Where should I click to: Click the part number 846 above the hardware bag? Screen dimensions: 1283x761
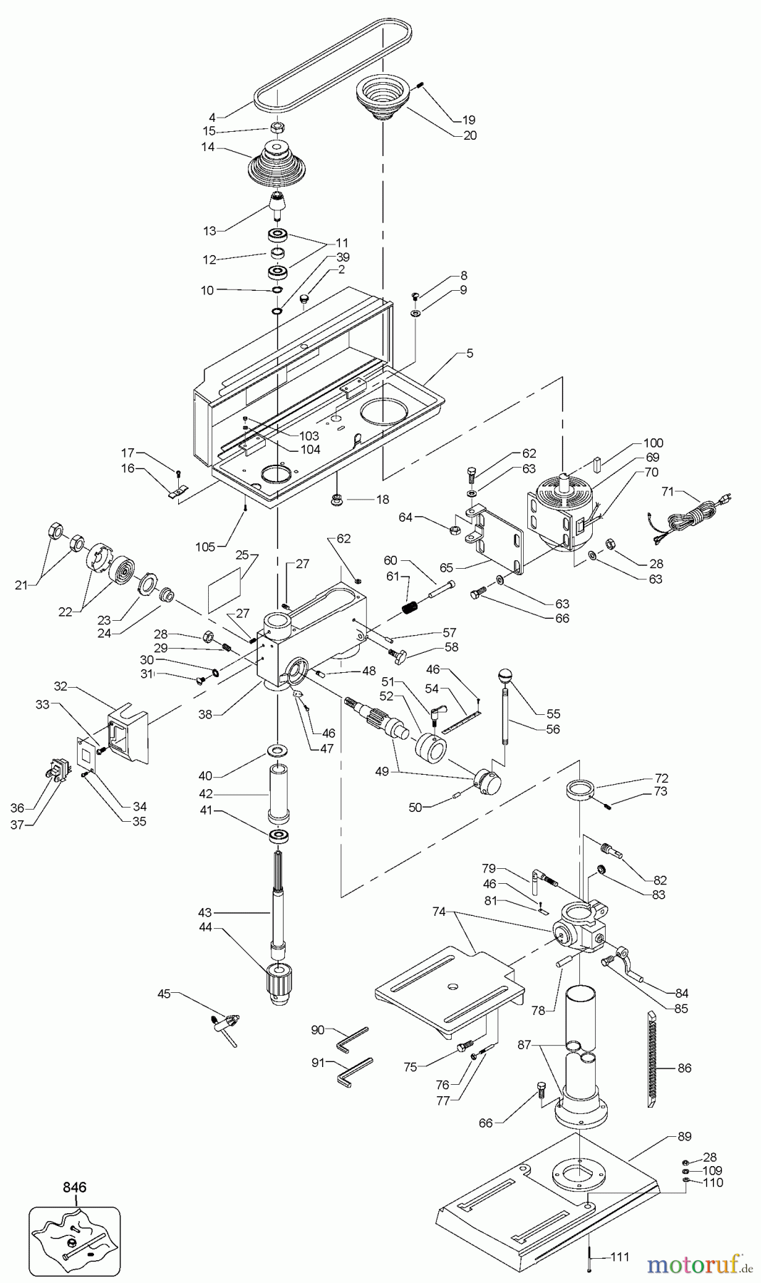pyautogui.click(x=74, y=1187)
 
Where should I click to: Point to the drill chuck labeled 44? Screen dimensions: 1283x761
pyautogui.click(x=278, y=984)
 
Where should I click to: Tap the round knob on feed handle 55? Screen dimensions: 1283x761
pyautogui.click(x=505, y=674)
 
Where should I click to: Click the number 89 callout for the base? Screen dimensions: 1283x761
pyautogui.click(x=683, y=1136)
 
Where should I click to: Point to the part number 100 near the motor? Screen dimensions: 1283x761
pyautogui.click(x=653, y=443)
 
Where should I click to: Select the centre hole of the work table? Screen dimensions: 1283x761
pyautogui.click(x=450, y=987)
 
